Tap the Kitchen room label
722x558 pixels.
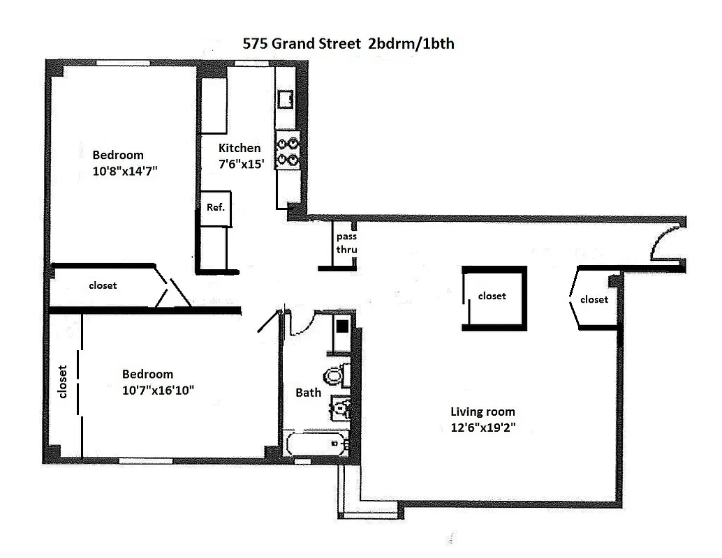(240, 148)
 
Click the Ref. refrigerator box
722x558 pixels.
(214, 208)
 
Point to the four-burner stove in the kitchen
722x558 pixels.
(287, 152)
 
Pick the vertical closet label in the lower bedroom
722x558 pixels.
(62, 382)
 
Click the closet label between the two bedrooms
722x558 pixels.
(103, 285)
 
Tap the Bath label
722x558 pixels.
(308, 393)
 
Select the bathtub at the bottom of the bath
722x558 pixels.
(316, 444)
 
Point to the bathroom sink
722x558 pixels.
(340, 406)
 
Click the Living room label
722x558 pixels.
(482, 412)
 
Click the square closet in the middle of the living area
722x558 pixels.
(494, 296)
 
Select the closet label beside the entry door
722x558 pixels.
(594, 299)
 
